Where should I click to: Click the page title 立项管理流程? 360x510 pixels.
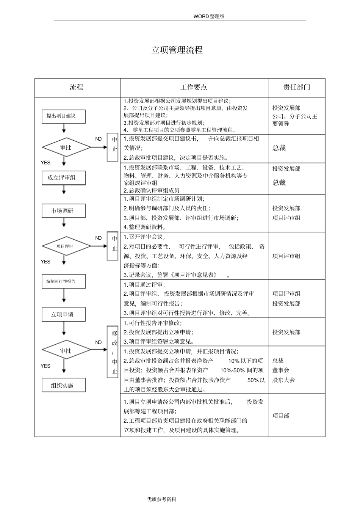177,50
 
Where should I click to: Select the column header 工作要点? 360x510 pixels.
194,88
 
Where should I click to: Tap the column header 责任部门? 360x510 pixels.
297,88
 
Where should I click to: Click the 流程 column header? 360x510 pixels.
77,88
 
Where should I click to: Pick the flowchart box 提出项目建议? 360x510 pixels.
63,116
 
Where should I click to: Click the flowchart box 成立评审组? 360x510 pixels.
63,178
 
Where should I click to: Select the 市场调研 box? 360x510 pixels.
63,211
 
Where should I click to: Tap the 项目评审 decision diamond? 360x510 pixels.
66,246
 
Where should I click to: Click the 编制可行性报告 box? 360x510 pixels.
63,281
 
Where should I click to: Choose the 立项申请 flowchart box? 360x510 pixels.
63,314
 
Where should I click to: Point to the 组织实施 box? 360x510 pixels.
63,385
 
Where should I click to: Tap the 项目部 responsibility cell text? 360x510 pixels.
281,416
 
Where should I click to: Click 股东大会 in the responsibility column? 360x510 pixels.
283,380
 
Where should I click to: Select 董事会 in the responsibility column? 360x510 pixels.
281,370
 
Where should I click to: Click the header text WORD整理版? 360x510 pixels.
209,16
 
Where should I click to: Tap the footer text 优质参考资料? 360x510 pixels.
162,499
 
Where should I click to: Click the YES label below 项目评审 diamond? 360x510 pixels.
45,262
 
